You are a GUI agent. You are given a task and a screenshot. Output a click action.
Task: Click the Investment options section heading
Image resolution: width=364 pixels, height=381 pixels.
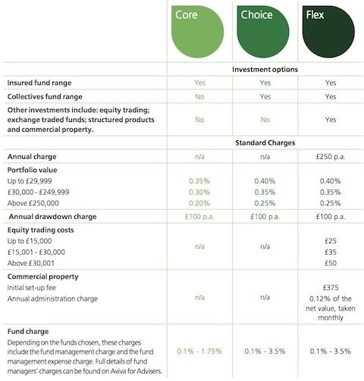point(265,69)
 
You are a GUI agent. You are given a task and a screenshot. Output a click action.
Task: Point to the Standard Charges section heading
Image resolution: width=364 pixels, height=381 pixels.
point(265,142)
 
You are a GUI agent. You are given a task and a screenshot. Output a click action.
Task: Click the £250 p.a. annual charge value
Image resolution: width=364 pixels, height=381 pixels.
point(328,156)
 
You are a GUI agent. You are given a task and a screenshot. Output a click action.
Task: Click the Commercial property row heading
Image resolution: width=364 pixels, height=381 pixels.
point(46,276)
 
